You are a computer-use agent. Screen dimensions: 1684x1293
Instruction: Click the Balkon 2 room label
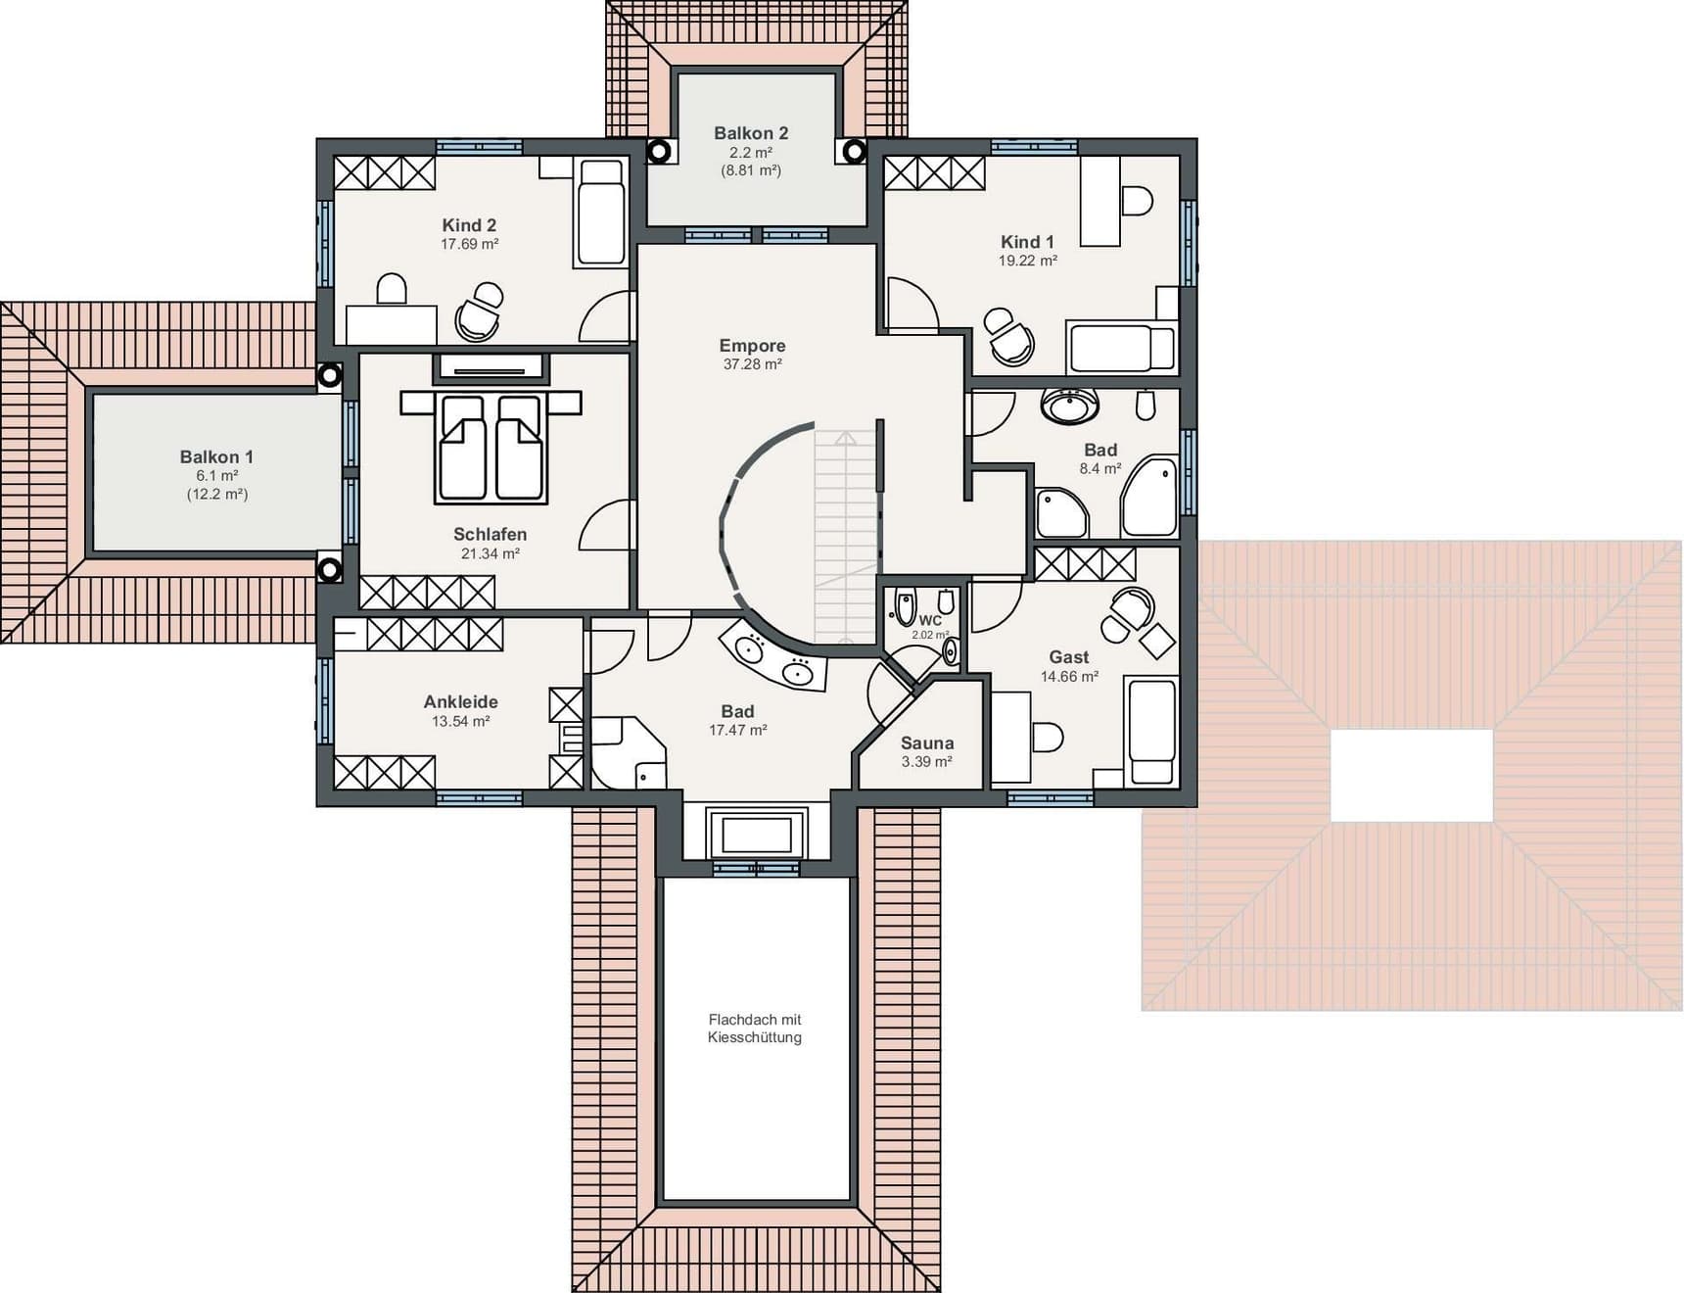[751, 133]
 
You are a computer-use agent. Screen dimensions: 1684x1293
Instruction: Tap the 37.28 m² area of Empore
[752, 364]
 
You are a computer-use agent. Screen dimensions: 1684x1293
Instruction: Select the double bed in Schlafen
[491, 447]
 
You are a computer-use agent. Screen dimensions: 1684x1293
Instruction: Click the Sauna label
[927, 743]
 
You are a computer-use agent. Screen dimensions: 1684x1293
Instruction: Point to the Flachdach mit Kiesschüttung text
[755, 1029]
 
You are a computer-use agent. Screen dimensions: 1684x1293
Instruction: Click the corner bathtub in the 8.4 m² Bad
[1150, 497]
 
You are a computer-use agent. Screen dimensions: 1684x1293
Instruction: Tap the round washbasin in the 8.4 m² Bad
[1069, 406]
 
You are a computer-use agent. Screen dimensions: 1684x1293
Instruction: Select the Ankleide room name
[460, 702]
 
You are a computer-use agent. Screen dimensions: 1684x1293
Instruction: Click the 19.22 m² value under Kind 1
[1027, 262]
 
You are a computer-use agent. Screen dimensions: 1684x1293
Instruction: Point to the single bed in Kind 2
[600, 213]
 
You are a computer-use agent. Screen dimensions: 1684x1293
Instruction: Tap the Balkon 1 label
[216, 457]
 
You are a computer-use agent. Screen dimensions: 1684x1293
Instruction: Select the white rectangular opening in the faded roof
[1412, 776]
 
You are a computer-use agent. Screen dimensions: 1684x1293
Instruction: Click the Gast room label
[1069, 657]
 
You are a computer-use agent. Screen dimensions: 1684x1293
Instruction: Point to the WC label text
[930, 620]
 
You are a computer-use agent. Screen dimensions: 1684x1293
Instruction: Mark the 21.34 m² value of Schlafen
[490, 554]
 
